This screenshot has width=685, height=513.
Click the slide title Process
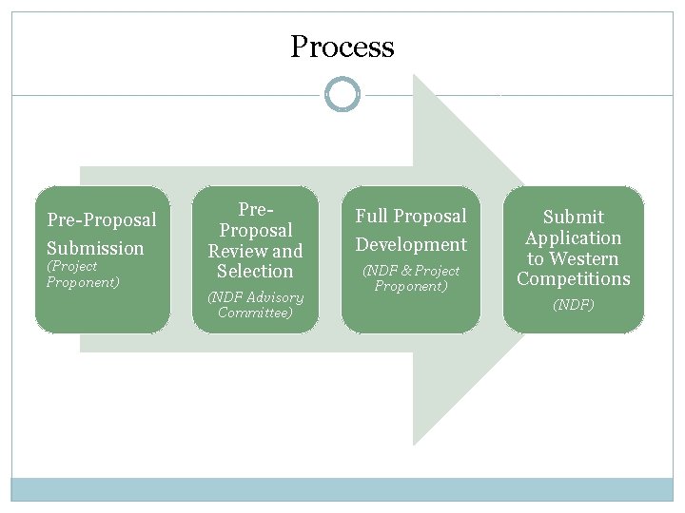342,47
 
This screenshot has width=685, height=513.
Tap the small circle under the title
342,95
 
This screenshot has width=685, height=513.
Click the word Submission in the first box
95,249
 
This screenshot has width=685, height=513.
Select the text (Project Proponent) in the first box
83,275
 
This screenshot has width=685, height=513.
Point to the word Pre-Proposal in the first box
102,220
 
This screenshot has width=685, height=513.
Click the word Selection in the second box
255,271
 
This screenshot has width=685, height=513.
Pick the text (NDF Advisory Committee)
255,305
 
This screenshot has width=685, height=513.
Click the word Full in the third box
371,217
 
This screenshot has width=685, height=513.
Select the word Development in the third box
411,245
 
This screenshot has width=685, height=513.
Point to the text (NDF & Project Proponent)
411,278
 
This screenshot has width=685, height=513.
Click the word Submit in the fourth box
573,218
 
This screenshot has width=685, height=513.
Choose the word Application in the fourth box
573,238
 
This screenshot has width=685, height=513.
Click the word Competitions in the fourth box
573,279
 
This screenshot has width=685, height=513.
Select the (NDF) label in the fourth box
573,306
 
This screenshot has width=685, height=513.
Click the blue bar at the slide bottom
342,489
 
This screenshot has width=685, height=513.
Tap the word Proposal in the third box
431,217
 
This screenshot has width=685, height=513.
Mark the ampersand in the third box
404,272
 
